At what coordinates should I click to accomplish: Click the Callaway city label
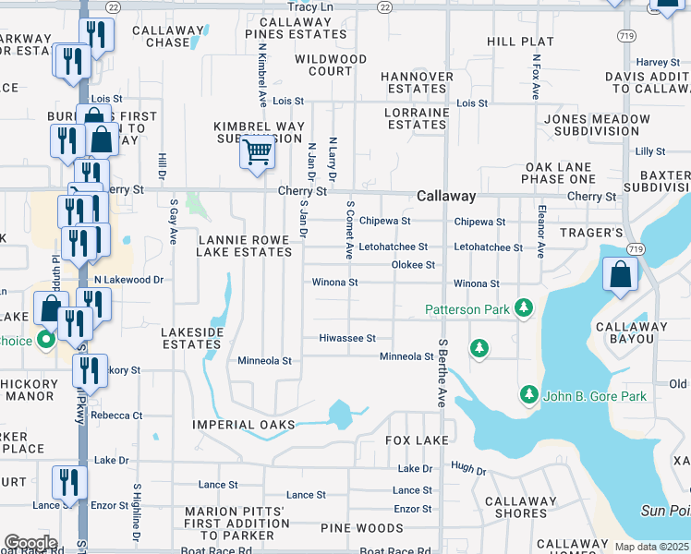tap(446, 196)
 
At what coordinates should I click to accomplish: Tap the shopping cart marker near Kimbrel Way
tap(258, 151)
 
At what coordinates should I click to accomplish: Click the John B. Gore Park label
tap(595, 396)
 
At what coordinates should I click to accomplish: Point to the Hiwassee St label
tap(346, 339)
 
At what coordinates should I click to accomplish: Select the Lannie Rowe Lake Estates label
tap(245, 245)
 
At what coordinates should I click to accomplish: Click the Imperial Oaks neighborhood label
tap(244, 425)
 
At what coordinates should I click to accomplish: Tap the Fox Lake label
tap(417, 440)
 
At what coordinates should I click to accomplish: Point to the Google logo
tap(30, 543)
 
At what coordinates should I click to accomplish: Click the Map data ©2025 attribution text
tap(651, 547)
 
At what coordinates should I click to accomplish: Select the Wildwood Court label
tap(331, 65)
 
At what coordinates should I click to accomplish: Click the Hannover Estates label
tap(417, 83)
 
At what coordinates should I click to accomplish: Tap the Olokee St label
tap(413, 265)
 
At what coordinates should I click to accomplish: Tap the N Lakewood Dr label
tap(128, 279)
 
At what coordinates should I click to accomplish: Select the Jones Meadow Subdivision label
tap(598, 126)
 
